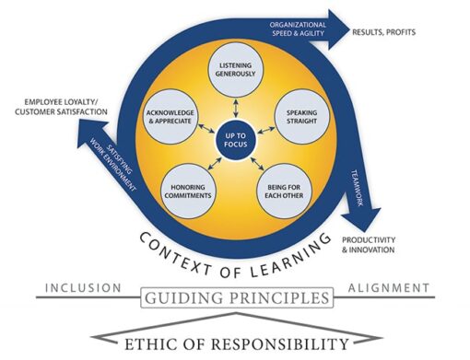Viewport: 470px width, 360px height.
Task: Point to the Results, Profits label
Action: (x=384, y=32)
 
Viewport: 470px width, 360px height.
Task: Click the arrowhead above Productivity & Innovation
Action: (x=366, y=222)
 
